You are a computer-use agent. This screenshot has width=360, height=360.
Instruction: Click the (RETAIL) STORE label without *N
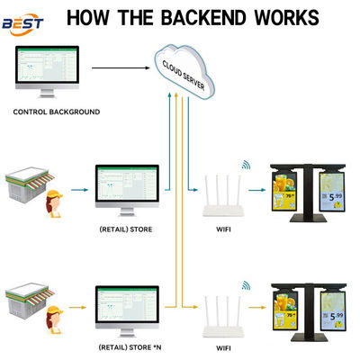126,229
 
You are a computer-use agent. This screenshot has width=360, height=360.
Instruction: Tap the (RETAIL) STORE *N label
127,346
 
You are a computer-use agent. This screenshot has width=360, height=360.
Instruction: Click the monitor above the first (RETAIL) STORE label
127,187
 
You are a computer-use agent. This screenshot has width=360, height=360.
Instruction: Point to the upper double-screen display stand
308,193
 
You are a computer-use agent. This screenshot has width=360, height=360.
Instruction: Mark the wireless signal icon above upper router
244,166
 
